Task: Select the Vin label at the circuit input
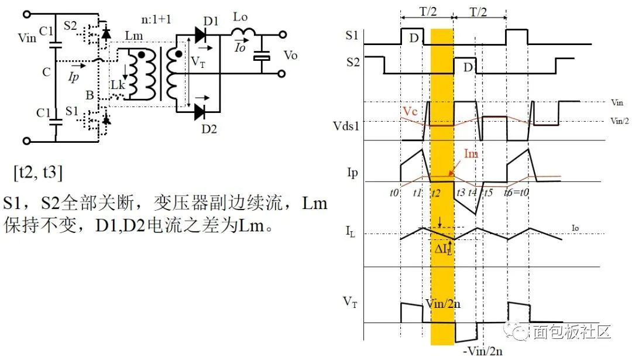[x=28, y=39]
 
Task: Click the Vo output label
[x=290, y=56]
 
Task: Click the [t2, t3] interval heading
[x=38, y=174]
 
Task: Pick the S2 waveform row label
[x=352, y=61]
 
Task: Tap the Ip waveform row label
[x=352, y=174]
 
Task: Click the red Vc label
[x=410, y=111]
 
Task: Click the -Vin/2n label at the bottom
[x=482, y=351]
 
